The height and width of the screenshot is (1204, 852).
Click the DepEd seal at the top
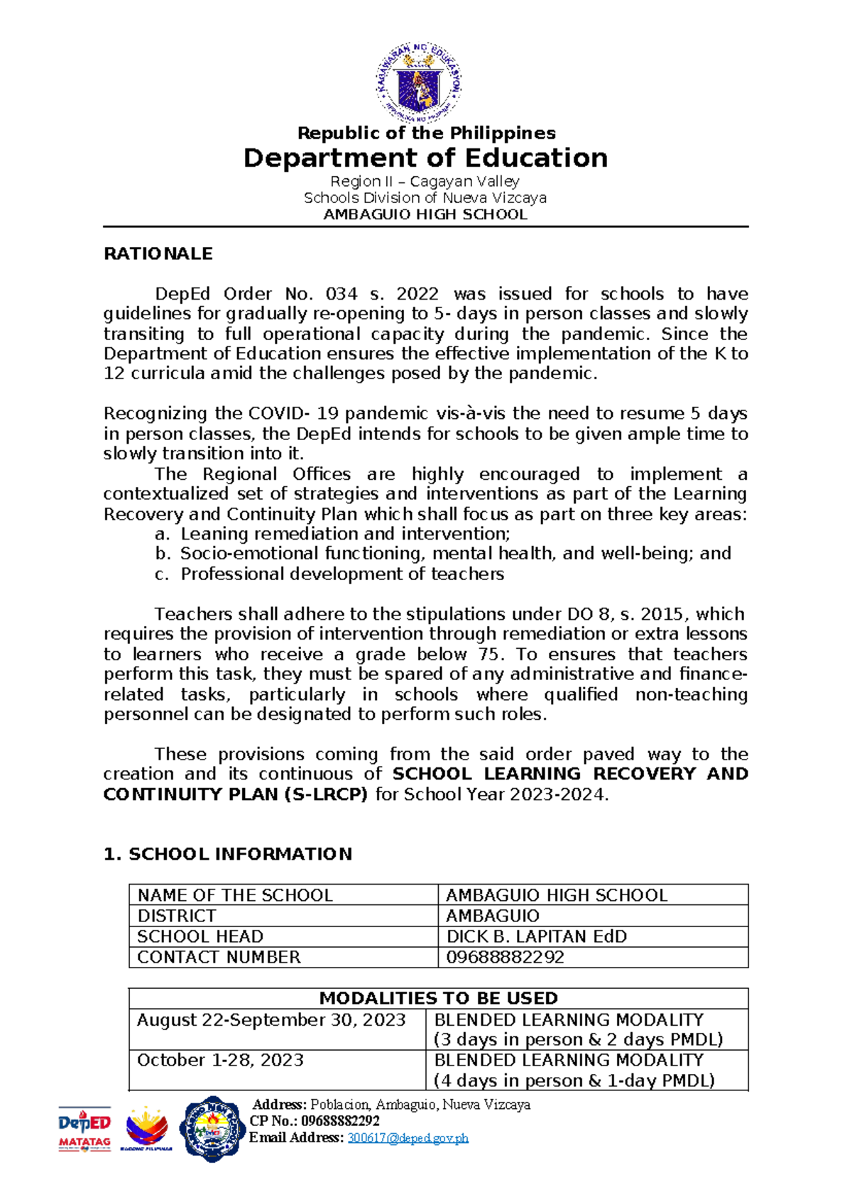pyautogui.click(x=419, y=82)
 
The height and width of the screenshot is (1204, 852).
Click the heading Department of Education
pyautogui.click(x=425, y=158)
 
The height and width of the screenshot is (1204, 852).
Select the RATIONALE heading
pyautogui.click(x=158, y=254)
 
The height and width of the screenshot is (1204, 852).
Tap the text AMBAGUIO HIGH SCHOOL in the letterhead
pyautogui.click(x=425, y=215)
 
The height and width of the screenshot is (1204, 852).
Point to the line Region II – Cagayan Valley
pyautogui.click(x=425, y=182)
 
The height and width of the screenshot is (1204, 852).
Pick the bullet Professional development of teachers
pyautogui.click(x=342, y=574)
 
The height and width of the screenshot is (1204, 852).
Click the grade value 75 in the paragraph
pyautogui.click(x=479, y=655)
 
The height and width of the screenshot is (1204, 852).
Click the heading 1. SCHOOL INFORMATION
pyautogui.click(x=228, y=854)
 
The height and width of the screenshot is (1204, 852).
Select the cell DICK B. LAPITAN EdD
pyautogui.click(x=536, y=936)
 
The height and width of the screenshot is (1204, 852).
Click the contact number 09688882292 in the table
pyautogui.click(x=505, y=957)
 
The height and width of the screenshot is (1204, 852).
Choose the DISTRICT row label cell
pyautogui.click(x=177, y=916)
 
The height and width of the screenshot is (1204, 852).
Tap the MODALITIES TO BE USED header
pyautogui.click(x=438, y=998)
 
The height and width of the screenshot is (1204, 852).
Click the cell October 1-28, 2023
pyautogui.click(x=220, y=1061)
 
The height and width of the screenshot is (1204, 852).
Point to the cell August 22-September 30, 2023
pyautogui.click(x=271, y=1020)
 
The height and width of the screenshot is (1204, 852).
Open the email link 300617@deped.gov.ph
pyautogui.click(x=408, y=1138)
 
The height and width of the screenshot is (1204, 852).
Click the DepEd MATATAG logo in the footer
pyautogui.click(x=84, y=1129)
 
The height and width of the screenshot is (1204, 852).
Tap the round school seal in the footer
pyautogui.click(x=212, y=1129)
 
